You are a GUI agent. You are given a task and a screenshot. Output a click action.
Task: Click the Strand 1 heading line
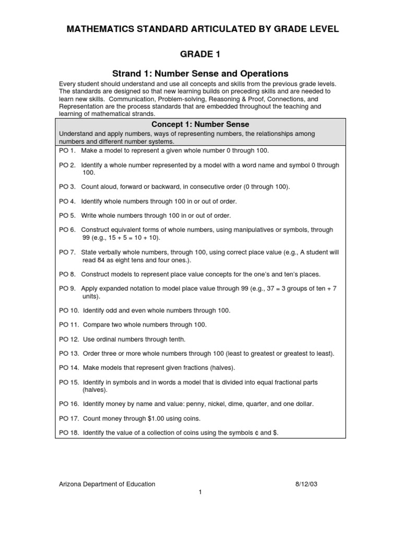(x=200, y=74)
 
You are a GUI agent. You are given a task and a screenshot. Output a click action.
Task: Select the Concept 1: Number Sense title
(x=200, y=124)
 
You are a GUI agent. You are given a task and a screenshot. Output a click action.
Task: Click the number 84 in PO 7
(x=103, y=260)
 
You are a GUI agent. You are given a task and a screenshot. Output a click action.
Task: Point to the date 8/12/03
(x=306, y=484)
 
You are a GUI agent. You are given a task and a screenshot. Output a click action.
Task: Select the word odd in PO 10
(x=111, y=310)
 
